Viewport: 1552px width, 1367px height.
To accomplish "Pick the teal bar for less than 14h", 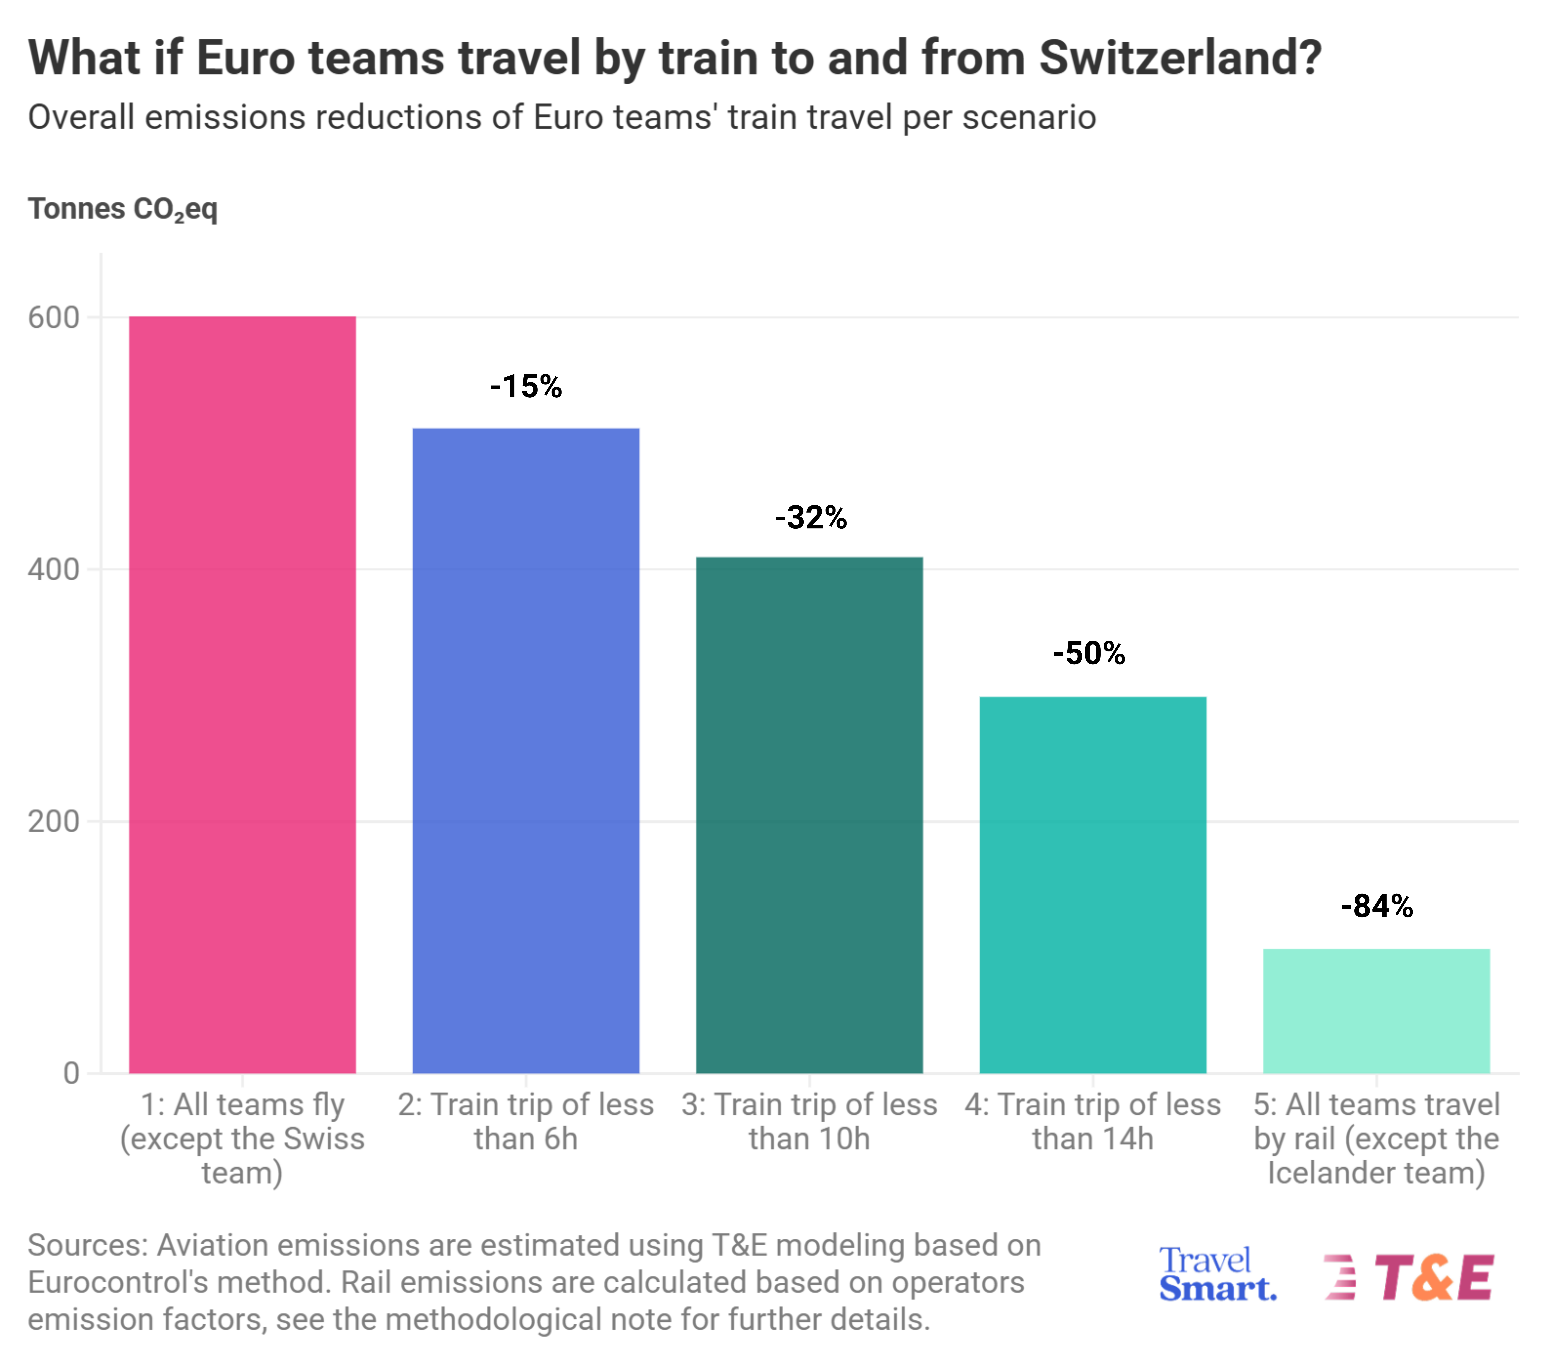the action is click(x=1093, y=885).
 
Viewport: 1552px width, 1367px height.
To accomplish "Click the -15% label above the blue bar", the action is click(x=526, y=387).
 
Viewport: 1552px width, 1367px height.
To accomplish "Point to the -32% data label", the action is click(x=810, y=517).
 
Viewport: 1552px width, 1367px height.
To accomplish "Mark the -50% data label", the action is click(x=1089, y=653).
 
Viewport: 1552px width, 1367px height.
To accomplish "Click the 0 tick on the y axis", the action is click(x=71, y=1074).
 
